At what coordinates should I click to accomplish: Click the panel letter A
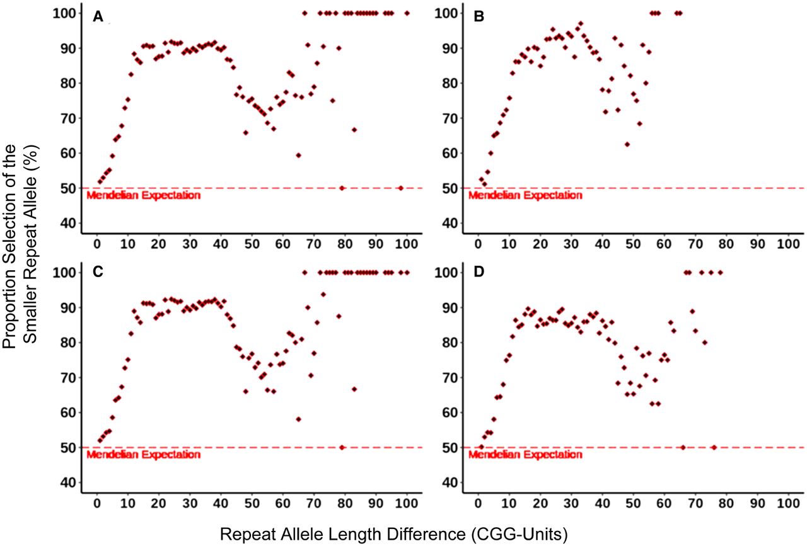click(98, 18)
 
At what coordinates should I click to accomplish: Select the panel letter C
click(98, 277)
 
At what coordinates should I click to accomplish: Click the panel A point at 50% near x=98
click(400, 188)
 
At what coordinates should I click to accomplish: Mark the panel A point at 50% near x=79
click(342, 188)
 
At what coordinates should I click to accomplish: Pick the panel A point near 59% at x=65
click(298, 155)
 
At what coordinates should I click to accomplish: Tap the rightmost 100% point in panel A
click(407, 13)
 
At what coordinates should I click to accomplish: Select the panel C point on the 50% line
click(342, 447)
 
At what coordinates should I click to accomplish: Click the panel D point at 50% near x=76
click(714, 447)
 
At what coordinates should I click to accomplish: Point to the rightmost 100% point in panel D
click(720, 272)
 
